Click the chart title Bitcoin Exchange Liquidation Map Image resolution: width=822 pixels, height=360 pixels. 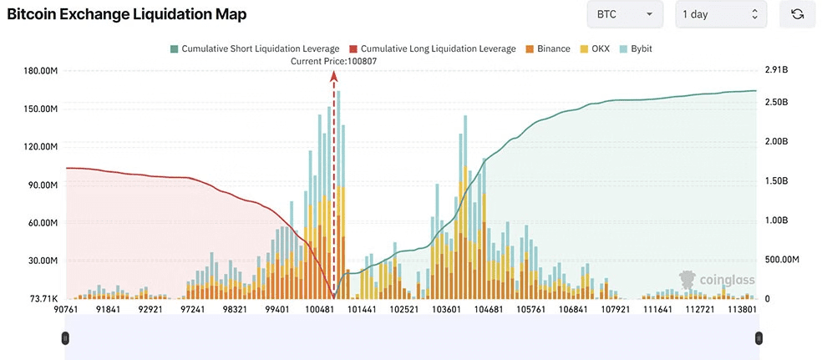[126, 15]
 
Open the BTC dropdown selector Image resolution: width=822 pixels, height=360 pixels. [625, 14]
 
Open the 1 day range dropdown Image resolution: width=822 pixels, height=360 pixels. [720, 14]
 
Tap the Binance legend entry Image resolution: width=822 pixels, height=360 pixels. [548, 49]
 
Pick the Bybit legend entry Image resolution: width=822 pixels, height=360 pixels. [636, 49]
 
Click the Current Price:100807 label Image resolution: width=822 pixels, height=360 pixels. [334, 61]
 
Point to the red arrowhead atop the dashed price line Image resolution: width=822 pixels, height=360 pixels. [334, 76]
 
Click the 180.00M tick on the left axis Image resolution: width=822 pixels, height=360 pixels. [41, 71]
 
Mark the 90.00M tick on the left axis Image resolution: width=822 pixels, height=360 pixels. [43, 185]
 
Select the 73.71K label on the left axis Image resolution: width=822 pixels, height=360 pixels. [44, 298]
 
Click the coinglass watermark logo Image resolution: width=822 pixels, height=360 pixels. [712, 280]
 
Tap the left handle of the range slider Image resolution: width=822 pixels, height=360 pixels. [65, 337]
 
